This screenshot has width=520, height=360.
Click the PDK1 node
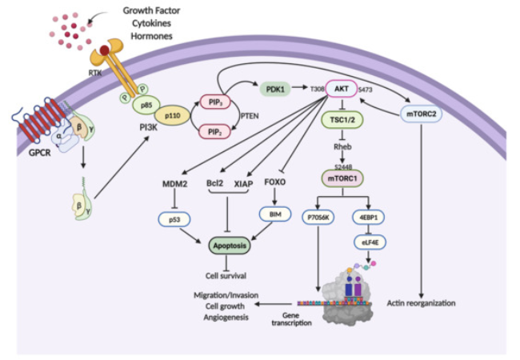[275, 89]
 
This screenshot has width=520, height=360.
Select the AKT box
[342, 89]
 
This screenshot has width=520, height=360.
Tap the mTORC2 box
[421, 114]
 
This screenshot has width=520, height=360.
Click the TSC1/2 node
[342, 120]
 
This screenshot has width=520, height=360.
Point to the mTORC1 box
[342, 179]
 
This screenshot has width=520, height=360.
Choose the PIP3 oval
[215, 102]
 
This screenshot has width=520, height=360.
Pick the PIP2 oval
[215, 132]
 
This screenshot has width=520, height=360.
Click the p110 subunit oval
[172, 116]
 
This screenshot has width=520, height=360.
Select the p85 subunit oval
[146, 106]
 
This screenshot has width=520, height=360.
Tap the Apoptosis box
[230, 246]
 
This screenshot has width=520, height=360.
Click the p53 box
[174, 219]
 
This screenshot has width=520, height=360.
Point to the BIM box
[275, 214]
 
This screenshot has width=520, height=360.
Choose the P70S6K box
[318, 218]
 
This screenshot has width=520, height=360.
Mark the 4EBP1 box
[368, 218]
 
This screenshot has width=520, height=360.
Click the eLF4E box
[370, 242]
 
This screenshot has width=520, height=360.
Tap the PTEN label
[250, 116]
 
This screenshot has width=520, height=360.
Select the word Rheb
[342, 147]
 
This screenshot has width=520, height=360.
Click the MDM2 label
[174, 184]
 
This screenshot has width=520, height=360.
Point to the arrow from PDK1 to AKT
[300, 87]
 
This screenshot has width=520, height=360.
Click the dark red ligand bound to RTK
[105, 50]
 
